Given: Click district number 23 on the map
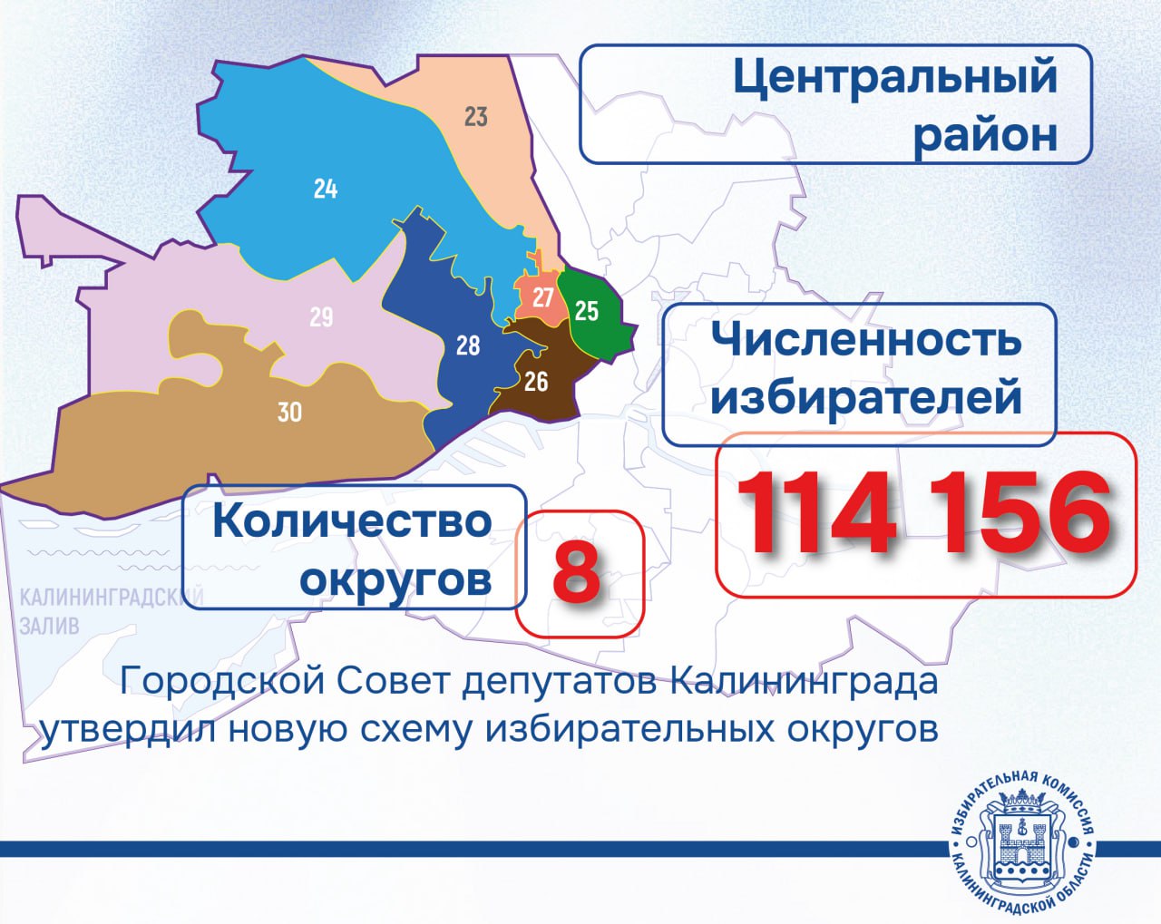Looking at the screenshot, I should click(x=476, y=117).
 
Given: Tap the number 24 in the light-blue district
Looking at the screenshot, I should click(x=326, y=189).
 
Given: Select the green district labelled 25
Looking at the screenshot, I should click(x=587, y=311).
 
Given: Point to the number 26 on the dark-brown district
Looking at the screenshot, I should click(x=536, y=382).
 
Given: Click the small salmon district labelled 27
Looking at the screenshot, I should click(x=542, y=297).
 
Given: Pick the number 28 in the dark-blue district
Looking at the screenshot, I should click(x=468, y=345).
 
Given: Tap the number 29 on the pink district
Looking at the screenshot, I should click(x=321, y=317).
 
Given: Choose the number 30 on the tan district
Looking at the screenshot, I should click(x=289, y=413).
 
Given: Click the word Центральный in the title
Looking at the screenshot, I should click(x=895, y=77).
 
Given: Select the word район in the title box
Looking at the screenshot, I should click(x=985, y=134).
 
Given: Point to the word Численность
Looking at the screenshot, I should click(x=866, y=340).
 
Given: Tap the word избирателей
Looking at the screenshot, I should click(x=866, y=397).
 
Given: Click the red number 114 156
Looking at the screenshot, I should click(x=924, y=514).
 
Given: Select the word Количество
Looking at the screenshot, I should click(x=352, y=522).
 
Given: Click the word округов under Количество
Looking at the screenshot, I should click(x=395, y=579).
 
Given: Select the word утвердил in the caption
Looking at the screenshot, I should click(x=128, y=729).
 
